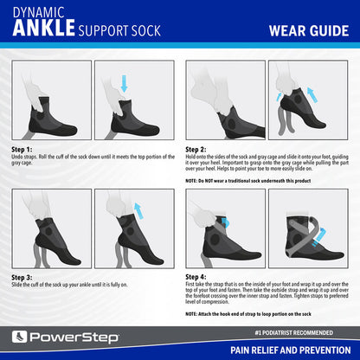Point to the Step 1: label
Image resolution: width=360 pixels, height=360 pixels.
[22, 149]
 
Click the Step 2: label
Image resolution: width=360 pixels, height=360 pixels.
[196, 149]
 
